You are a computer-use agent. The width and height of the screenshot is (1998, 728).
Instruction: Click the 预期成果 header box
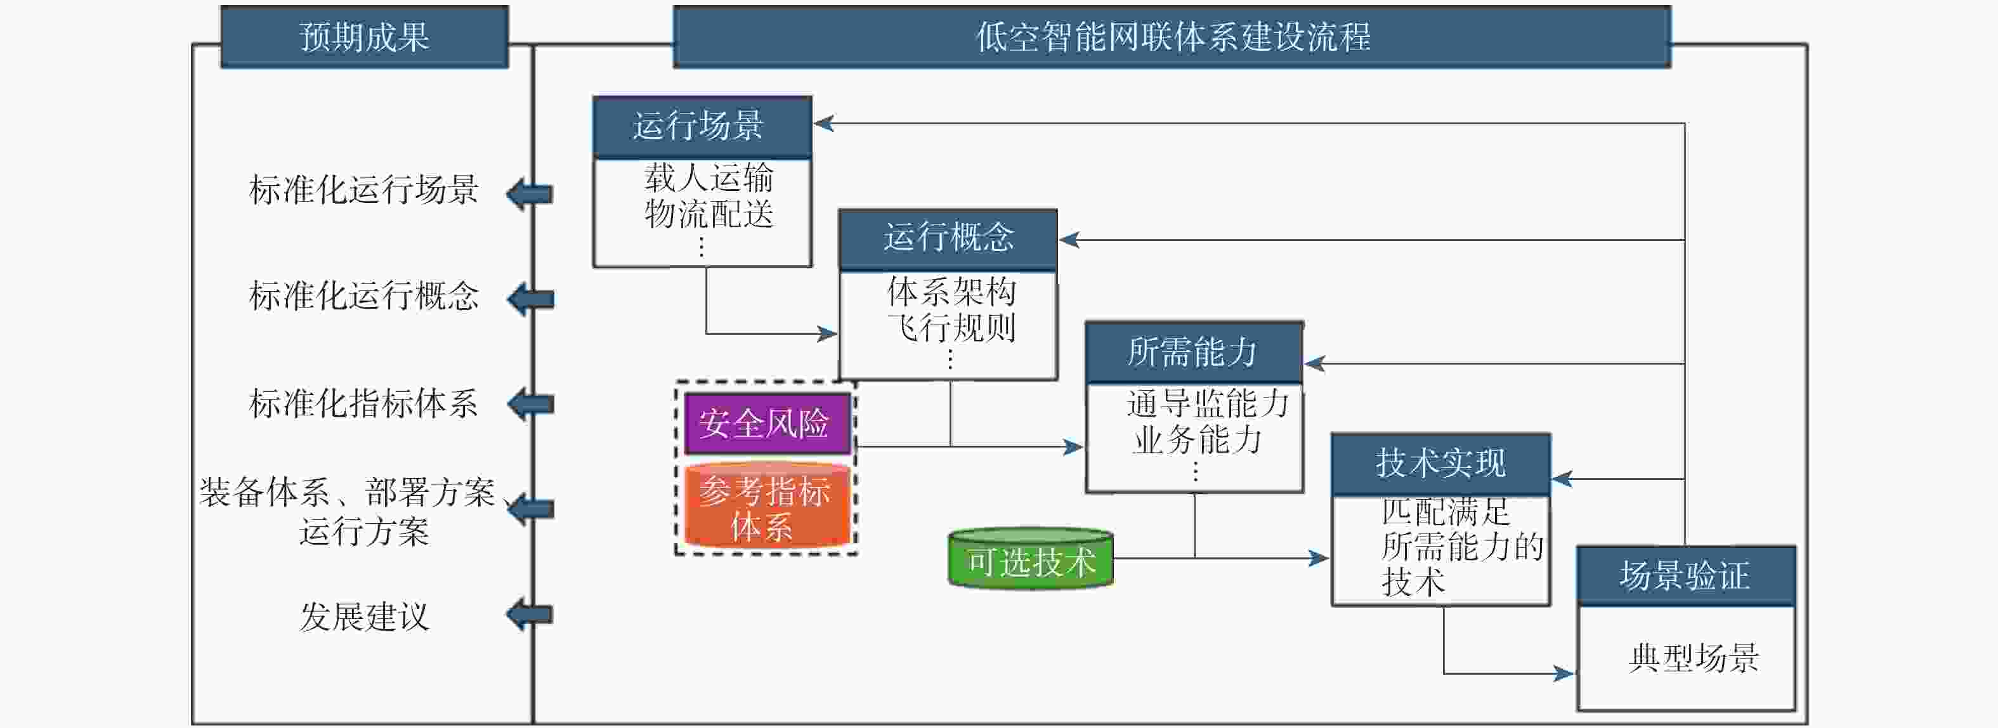tap(365, 36)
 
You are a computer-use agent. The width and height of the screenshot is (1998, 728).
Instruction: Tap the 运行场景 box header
tap(702, 126)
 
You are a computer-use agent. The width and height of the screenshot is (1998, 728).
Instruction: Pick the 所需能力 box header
tap(1193, 352)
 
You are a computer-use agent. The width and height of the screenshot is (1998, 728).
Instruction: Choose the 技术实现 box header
tap(1440, 464)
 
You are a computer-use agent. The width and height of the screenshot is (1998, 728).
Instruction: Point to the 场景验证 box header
tap(1685, 576)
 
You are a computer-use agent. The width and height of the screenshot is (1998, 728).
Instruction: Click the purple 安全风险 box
tap(766, 424)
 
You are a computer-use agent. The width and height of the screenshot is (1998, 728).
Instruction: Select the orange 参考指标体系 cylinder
tap(766, 508)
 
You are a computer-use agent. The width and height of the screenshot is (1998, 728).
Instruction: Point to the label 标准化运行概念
tap(364, 296)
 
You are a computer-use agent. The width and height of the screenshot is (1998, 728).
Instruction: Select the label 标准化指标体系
tap(364, 403)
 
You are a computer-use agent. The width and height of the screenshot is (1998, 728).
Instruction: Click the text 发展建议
tap(365, 617)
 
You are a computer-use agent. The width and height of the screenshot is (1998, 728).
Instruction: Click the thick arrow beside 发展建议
tap(530, 615)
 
